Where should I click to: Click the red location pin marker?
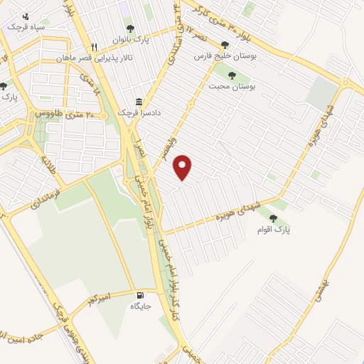click(x=183, y=166)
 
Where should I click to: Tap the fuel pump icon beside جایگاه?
click(x=138, y=295)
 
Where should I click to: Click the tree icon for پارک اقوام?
click(x=273, y=219)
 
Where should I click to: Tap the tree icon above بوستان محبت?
click(x=232, y=75)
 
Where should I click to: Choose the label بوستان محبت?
click(x=232, y=86)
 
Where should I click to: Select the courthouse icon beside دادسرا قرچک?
click(x=139, y=102)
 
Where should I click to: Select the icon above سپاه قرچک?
click(x=26, y=15)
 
